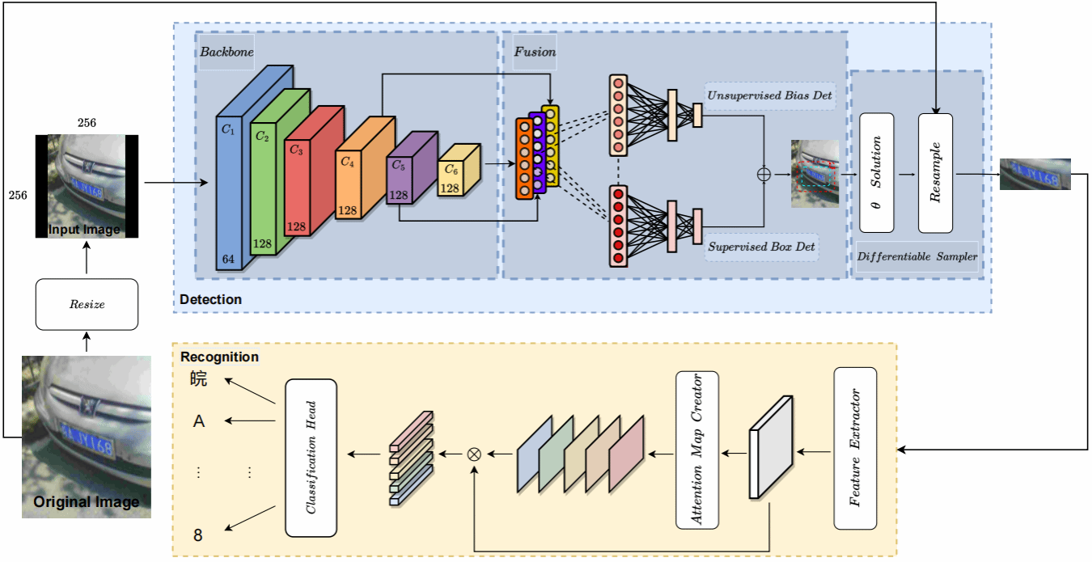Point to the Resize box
pos(87,305)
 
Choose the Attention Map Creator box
pos(697,449)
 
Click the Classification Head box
pos(311,457)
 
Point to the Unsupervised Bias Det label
pos(769,96)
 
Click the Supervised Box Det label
pos(761,246)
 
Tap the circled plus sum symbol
pos(763,174)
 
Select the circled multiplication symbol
pos(475,454)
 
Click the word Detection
pos(210,299)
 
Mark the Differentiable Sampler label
pos(916,256)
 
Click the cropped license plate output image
pos(1035,174)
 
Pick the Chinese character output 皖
pos(199,378)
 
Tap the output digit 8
pos(198,535)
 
